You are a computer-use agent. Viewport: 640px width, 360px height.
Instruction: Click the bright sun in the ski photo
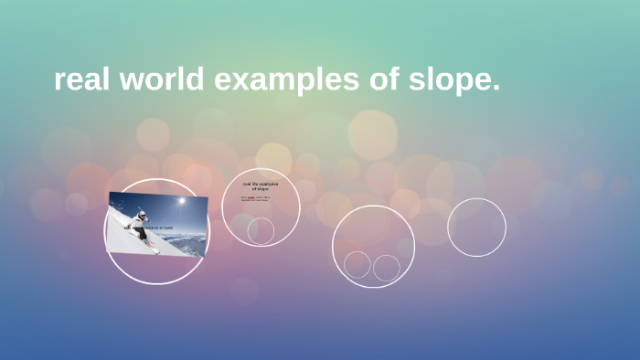(181, 201)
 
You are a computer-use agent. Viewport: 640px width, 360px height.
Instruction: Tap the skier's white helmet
(142, 214)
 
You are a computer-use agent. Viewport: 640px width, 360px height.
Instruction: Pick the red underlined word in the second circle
(251, 196)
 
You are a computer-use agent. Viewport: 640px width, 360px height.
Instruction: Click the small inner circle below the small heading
(261, 230)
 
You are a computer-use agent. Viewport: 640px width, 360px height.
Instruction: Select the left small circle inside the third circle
(357, 265)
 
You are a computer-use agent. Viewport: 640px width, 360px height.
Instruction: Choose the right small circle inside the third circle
(387, 268)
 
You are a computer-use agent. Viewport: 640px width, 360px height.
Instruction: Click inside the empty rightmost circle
(476, 227)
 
